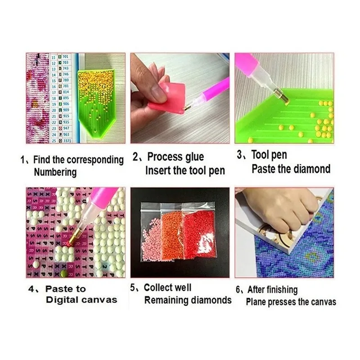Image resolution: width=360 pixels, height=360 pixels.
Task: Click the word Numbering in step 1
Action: coord(55,172)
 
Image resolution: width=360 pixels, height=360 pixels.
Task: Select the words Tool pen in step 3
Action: coord(269,156)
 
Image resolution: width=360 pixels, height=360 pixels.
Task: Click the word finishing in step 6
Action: coord(282,290)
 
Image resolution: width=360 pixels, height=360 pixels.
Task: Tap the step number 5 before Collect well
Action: coord(134,287)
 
